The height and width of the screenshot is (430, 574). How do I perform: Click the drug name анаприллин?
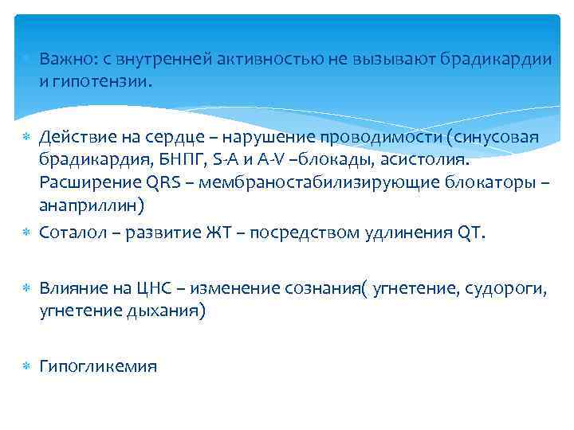point(88,205)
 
